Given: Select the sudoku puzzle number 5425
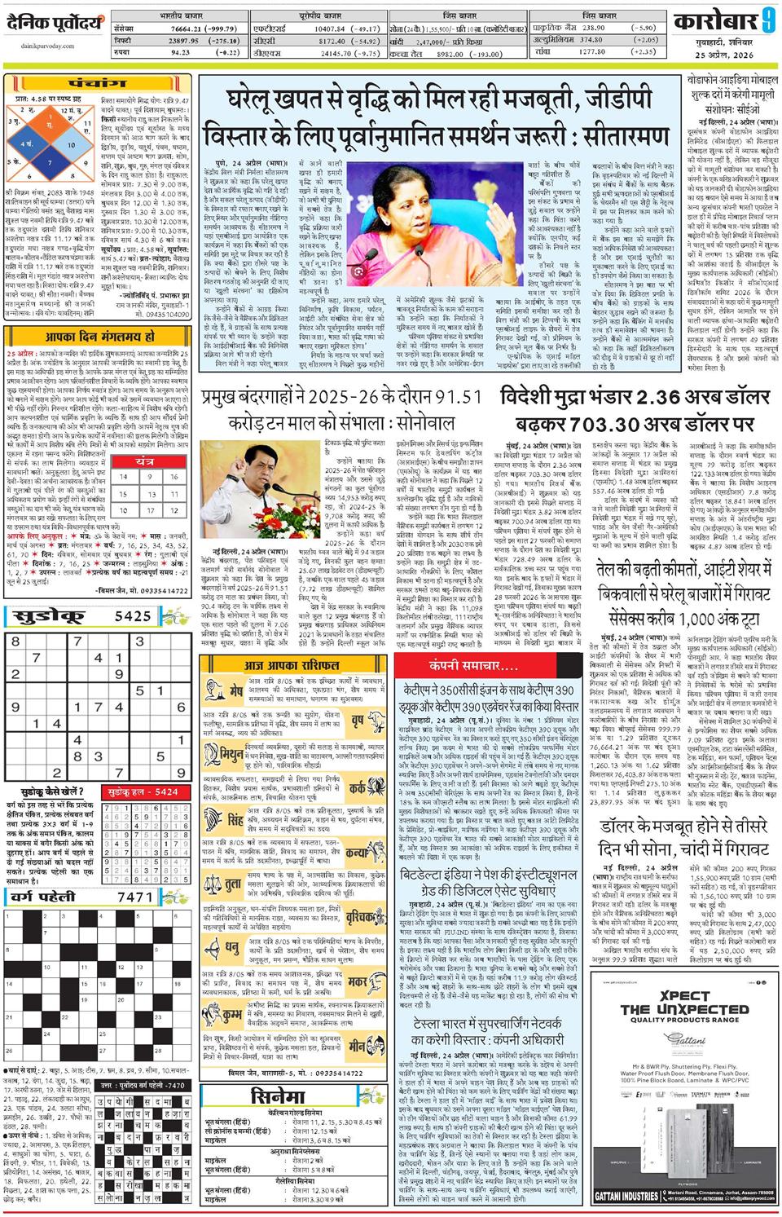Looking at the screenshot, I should [x=133, y=616].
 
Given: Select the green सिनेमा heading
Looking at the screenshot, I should [x=279, y=1095].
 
